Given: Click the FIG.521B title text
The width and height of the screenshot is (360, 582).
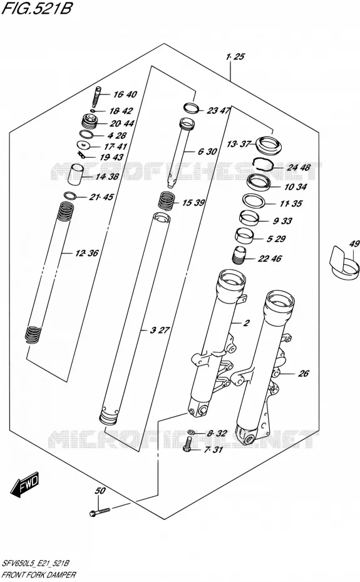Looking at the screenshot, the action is pos(36,8).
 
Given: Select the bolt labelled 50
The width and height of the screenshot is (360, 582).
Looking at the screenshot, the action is pos(100,512).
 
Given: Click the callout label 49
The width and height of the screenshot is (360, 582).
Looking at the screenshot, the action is pos(354,243).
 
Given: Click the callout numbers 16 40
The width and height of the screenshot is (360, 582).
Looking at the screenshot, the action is pos(125,94).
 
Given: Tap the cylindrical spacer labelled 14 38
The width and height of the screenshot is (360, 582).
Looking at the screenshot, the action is pos(77,175).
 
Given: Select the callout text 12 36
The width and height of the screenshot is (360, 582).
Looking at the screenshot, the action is pos(87,253).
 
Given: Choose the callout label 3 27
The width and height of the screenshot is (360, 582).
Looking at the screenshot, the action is pos(160,330).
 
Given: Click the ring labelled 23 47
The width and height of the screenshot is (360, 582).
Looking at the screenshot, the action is pos(192,108).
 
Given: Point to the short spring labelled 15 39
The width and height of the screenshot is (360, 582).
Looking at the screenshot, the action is pos(167,201).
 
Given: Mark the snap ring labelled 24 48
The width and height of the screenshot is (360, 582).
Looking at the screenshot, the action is pos(264,163).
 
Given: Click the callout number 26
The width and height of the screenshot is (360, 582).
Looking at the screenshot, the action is pos(304,374).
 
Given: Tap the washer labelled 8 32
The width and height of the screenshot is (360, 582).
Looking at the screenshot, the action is pos(191,432).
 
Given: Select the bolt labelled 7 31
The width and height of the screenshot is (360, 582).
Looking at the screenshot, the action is pos(188,444).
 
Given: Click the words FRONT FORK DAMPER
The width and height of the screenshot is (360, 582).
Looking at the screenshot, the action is pos(39,574).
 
